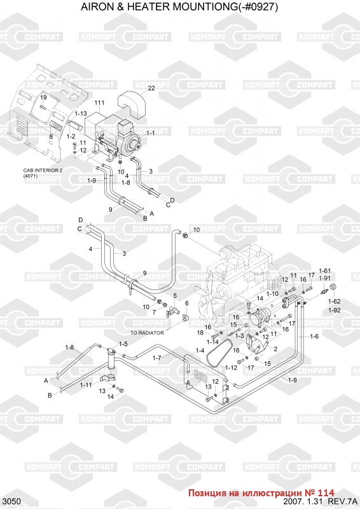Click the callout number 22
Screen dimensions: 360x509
click(151, 88)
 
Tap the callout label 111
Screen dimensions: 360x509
click(99, 103)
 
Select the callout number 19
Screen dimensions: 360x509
click(43, 97)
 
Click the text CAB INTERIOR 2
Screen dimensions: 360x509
click(43, 171)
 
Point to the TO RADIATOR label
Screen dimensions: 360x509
click(147, 333)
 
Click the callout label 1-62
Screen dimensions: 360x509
click(334, 302)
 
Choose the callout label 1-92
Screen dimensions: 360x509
click(334, 310)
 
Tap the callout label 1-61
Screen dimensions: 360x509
click(324, 271)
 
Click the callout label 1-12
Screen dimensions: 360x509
click(231, 368)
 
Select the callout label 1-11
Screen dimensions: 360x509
click(86, 385)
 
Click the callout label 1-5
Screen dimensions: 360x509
click(123, 344)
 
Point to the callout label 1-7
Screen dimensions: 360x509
click(157, 358)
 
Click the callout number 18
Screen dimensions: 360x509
click(200, 332)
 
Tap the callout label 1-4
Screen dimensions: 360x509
click(200, 351)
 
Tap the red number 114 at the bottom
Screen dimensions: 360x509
click(327, 492)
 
